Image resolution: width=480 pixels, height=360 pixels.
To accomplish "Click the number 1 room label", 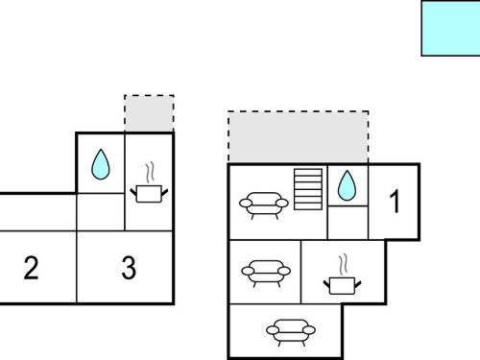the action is (395, 201).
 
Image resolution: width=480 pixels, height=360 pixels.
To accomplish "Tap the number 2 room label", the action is (31, 268).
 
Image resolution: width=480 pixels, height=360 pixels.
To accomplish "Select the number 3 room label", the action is (129, 268).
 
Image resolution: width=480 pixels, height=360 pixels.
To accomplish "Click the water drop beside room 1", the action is (347, 185).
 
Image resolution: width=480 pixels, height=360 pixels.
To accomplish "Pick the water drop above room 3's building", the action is (101, 164).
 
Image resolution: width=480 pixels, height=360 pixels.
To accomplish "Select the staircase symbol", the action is (308, 189).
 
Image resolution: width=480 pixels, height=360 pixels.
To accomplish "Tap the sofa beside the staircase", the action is (264, 205).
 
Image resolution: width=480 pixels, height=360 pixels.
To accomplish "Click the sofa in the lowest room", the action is (291, 332).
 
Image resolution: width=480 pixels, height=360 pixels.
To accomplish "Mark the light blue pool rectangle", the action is (450, 29).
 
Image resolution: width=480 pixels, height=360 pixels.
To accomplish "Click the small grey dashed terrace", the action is (149, 113).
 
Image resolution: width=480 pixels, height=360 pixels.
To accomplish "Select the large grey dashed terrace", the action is (299, 137).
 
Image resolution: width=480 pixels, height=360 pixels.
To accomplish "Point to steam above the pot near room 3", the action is (150, 173).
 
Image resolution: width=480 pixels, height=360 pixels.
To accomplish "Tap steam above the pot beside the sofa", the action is (343, 265).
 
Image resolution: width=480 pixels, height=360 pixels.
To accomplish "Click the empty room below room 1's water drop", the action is (348, 223).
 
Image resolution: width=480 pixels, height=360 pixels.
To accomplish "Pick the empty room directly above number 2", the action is (37, 212).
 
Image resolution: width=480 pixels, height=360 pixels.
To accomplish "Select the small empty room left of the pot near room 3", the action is (101, 212).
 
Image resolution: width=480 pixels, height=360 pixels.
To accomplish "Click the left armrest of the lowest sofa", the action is (273, 330).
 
